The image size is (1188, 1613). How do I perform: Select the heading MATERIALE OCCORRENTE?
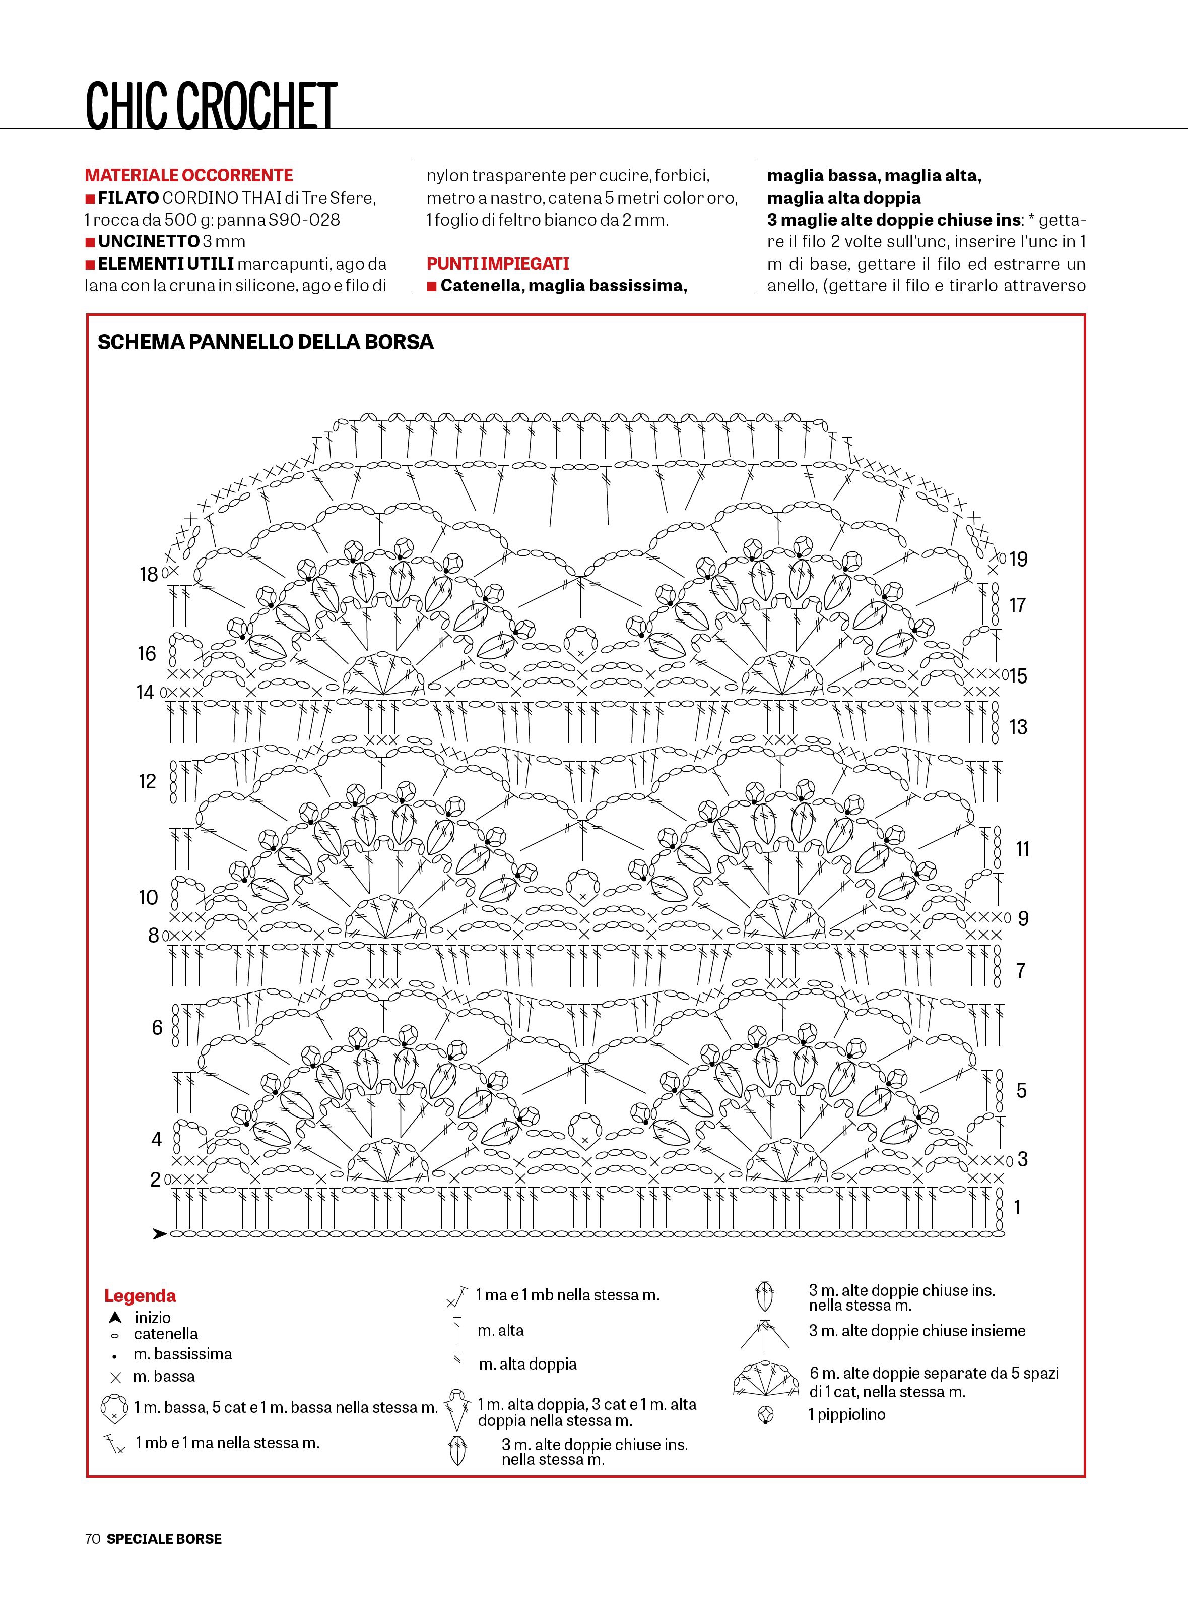188,175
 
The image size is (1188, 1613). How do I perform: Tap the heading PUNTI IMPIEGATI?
498,263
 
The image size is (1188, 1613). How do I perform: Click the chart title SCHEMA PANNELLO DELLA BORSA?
266,342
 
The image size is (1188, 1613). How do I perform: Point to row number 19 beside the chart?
1018,559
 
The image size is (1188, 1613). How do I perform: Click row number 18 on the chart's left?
148,574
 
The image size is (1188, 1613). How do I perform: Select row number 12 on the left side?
148,781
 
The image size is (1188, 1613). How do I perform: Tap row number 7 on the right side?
1020,970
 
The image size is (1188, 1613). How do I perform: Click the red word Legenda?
140,1296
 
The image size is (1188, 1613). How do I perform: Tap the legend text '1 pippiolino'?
846,1414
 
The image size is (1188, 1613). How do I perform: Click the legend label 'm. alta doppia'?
527,1364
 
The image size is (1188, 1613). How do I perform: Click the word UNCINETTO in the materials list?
148,242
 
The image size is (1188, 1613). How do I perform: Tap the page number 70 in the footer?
92,1539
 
